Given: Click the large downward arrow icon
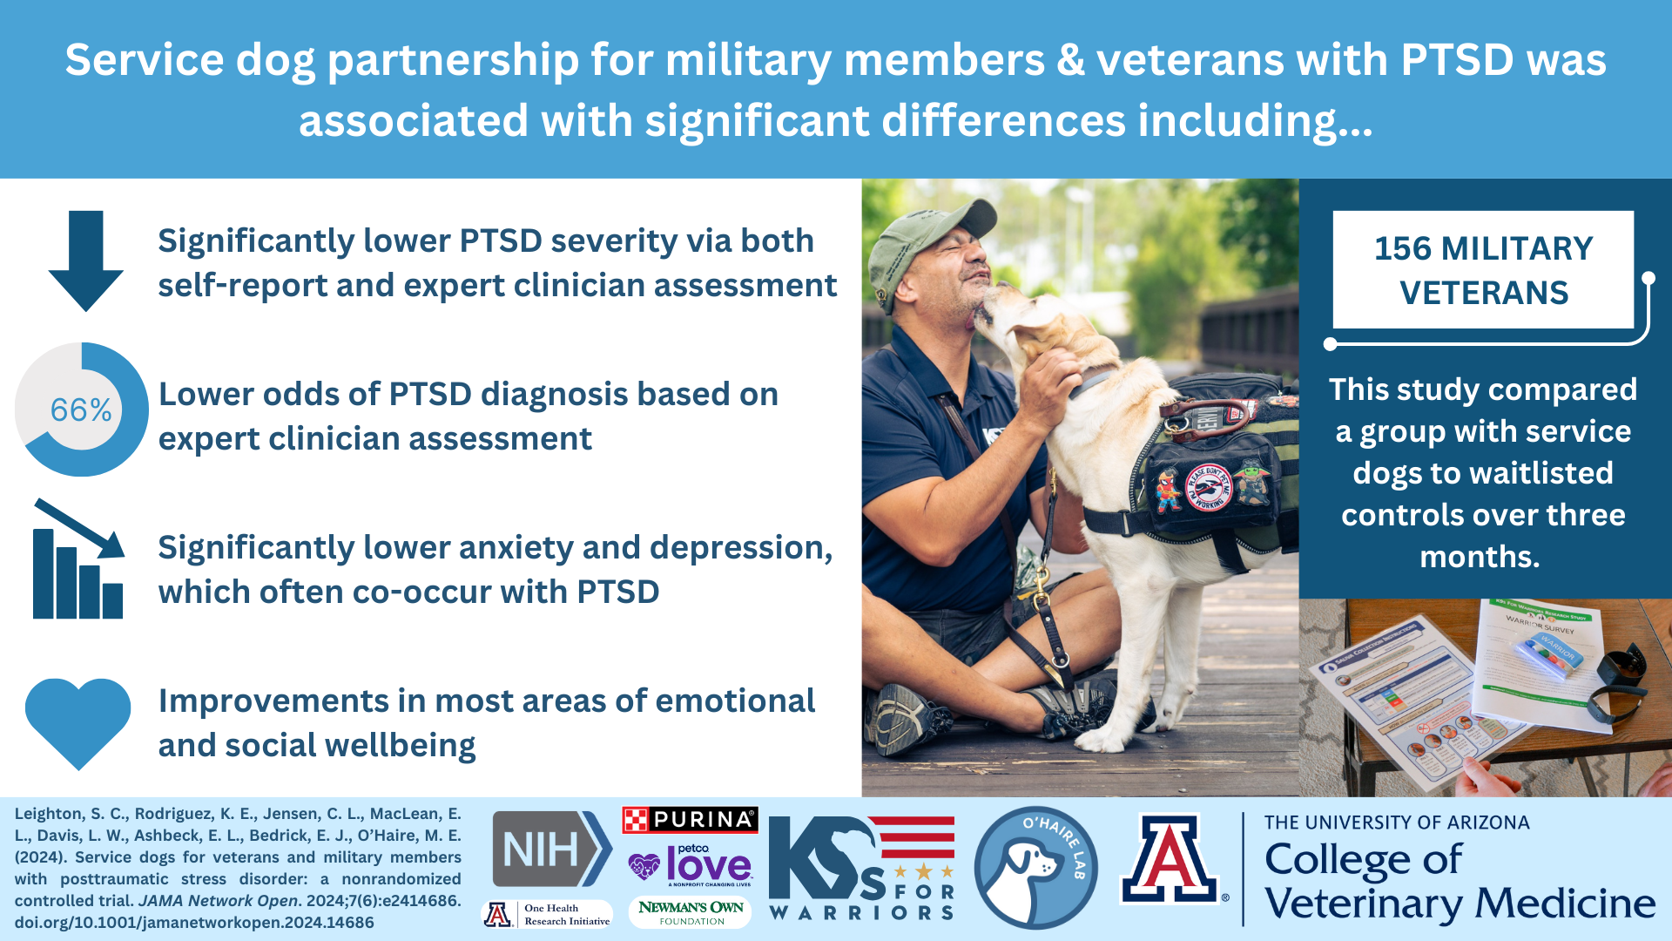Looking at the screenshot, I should pyautogui.click(x=85, y=260).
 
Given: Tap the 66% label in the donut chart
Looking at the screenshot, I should pyautogui.click(x=81, y=410).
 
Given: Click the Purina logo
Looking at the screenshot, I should pyautogui.click(x=690, y=820).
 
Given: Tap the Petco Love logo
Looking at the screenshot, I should pyautogui.click(x=690, y=864).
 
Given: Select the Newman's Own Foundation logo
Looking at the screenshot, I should pyautogui.click(x=690, y=912).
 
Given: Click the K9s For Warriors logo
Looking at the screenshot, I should pyautogui.click(x=861, y=868).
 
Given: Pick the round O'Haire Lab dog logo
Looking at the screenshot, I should pyautogui.click(x=1035, y=868).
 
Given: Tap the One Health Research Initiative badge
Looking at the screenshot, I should pyautogui.click(x=547, y=914).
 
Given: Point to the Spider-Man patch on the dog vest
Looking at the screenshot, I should pyautogui.click(x=1168, y=491).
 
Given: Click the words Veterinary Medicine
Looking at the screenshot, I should pyautogui.click(x=1460, y=904).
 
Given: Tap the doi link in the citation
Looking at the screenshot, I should pyautogui.click(x=194, y=923).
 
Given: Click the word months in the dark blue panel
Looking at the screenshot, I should pyautogui.click(x=1480, y=557).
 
